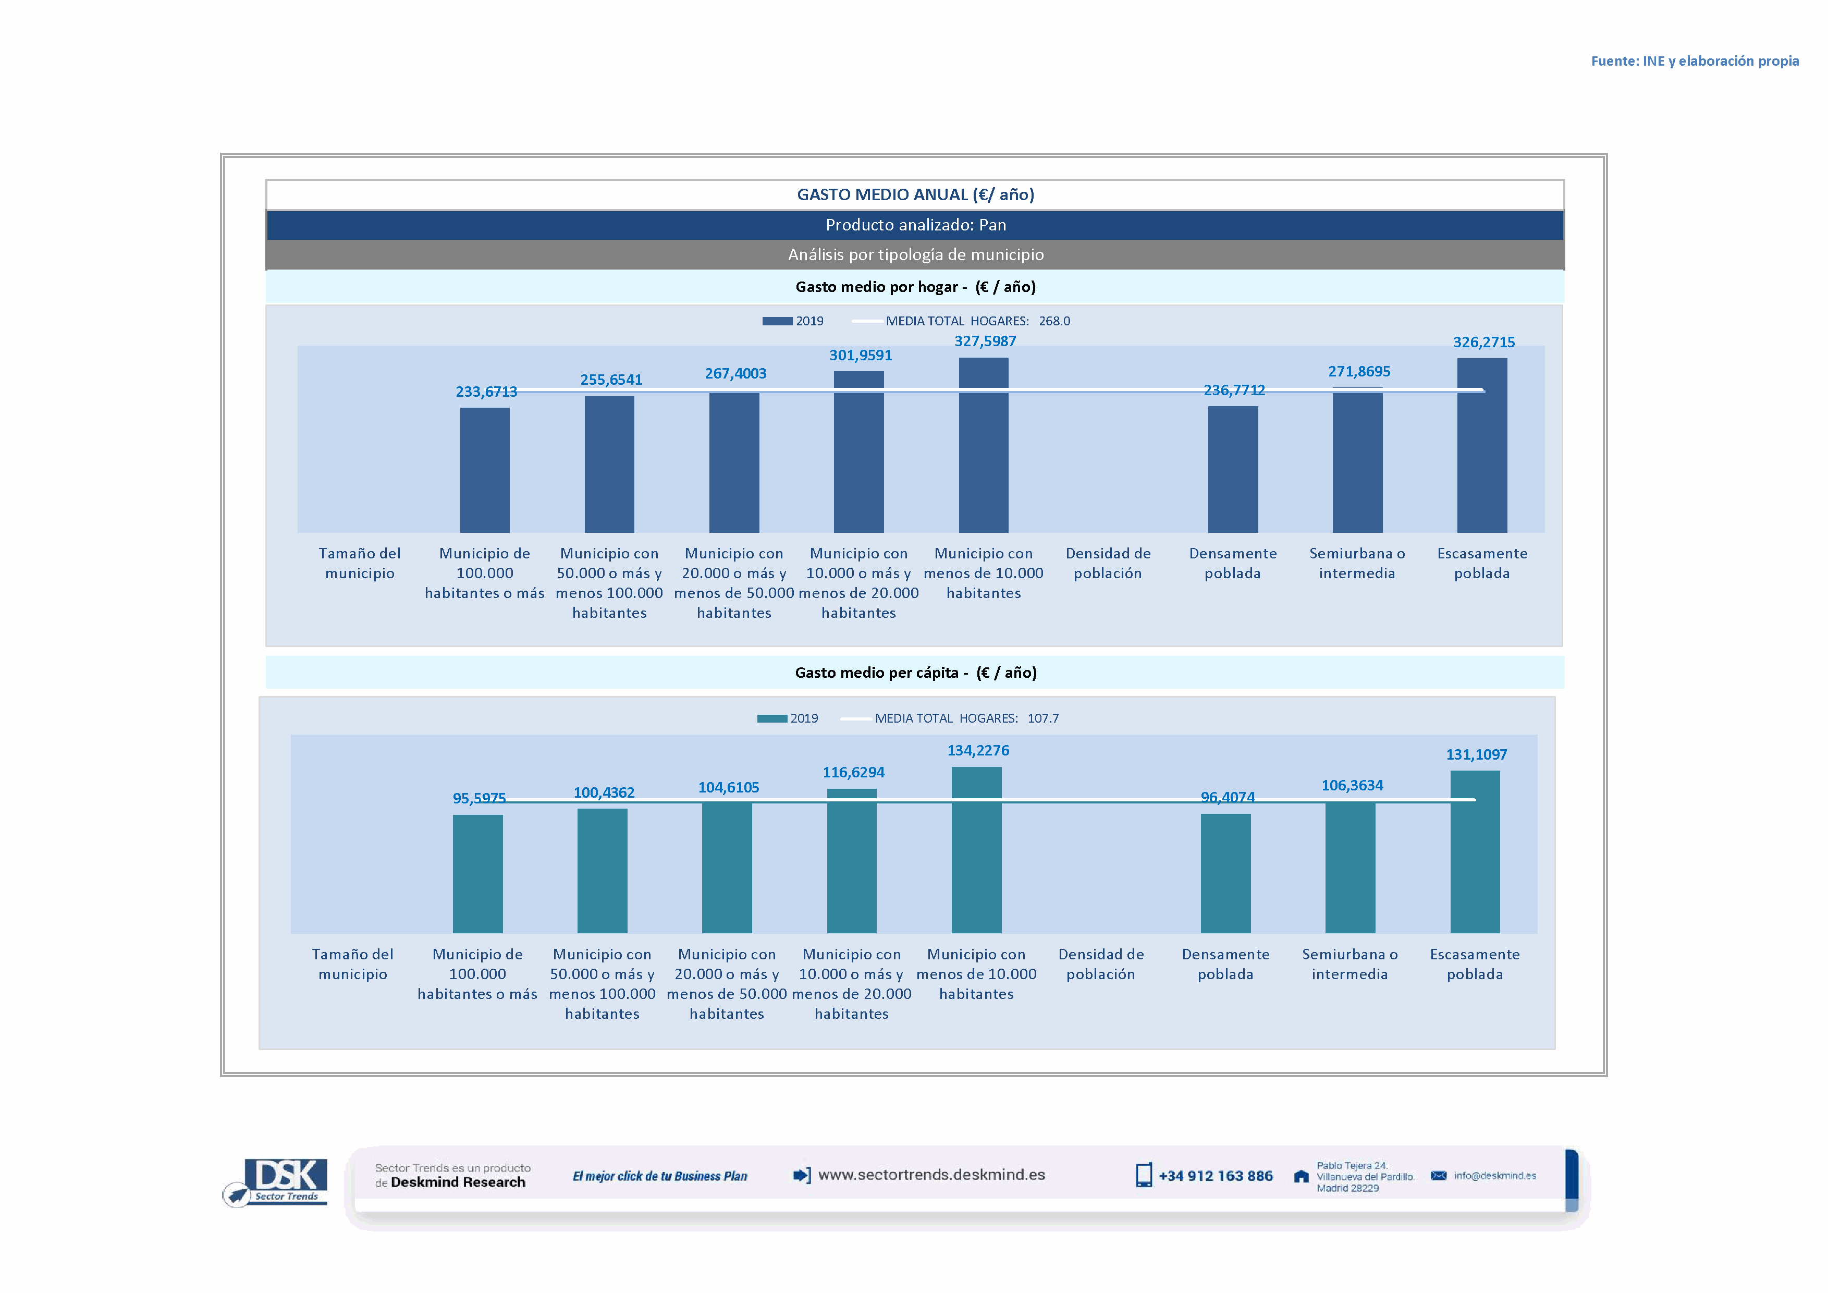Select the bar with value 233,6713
[484, 470]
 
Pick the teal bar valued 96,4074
[1225, 873]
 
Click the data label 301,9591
[861, 355]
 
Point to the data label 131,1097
[1476, 754]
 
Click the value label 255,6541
[611, 380]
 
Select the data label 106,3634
[1352, 785]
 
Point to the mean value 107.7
[1043, 718]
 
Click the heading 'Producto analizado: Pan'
[916, 225]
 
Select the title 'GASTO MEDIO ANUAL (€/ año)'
[916, 194]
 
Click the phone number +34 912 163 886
[1215, 1176]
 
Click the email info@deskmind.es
[1494, 1176]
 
